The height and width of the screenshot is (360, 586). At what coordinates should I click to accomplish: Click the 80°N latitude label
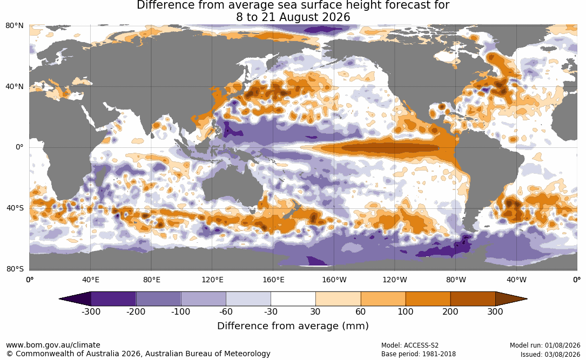click(x=15, y=26)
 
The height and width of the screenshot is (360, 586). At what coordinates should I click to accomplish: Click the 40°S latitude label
click(x=15, y=208)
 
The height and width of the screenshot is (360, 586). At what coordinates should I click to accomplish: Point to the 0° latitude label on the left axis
click(x=19, y=147)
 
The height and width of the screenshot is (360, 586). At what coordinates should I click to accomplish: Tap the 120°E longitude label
click(x=212, y=280)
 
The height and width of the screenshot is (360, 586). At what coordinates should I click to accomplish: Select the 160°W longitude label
click(x=334, y=280)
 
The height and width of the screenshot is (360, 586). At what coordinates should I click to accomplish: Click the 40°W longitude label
click(x=516, y=280)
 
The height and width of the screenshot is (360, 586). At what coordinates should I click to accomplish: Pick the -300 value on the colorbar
click(x=91, y=311)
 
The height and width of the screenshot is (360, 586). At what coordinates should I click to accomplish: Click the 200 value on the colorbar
click(x=450, y=311)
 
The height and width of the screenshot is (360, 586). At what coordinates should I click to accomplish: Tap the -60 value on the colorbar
click(x=226, y=311)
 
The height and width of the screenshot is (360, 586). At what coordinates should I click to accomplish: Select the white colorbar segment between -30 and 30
click(x=293, y=299)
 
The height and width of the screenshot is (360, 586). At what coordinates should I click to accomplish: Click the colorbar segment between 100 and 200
click(x=428, y=299)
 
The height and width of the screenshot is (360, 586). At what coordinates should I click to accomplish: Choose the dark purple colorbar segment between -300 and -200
click(x=113, y=299)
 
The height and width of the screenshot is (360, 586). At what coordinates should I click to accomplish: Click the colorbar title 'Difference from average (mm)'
click(x=293, y=325)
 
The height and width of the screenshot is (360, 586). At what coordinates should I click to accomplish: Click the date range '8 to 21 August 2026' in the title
click(x=293, y=17)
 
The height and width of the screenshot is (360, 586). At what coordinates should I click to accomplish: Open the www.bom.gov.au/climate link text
click(x=53, y=345)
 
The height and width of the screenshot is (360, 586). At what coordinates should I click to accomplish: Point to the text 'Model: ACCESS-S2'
click(x=410, y=345)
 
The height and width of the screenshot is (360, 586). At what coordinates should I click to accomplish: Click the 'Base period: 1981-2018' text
click(x=419, y=354)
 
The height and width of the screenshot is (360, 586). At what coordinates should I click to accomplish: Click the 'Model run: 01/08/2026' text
click(x=545, y=345)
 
